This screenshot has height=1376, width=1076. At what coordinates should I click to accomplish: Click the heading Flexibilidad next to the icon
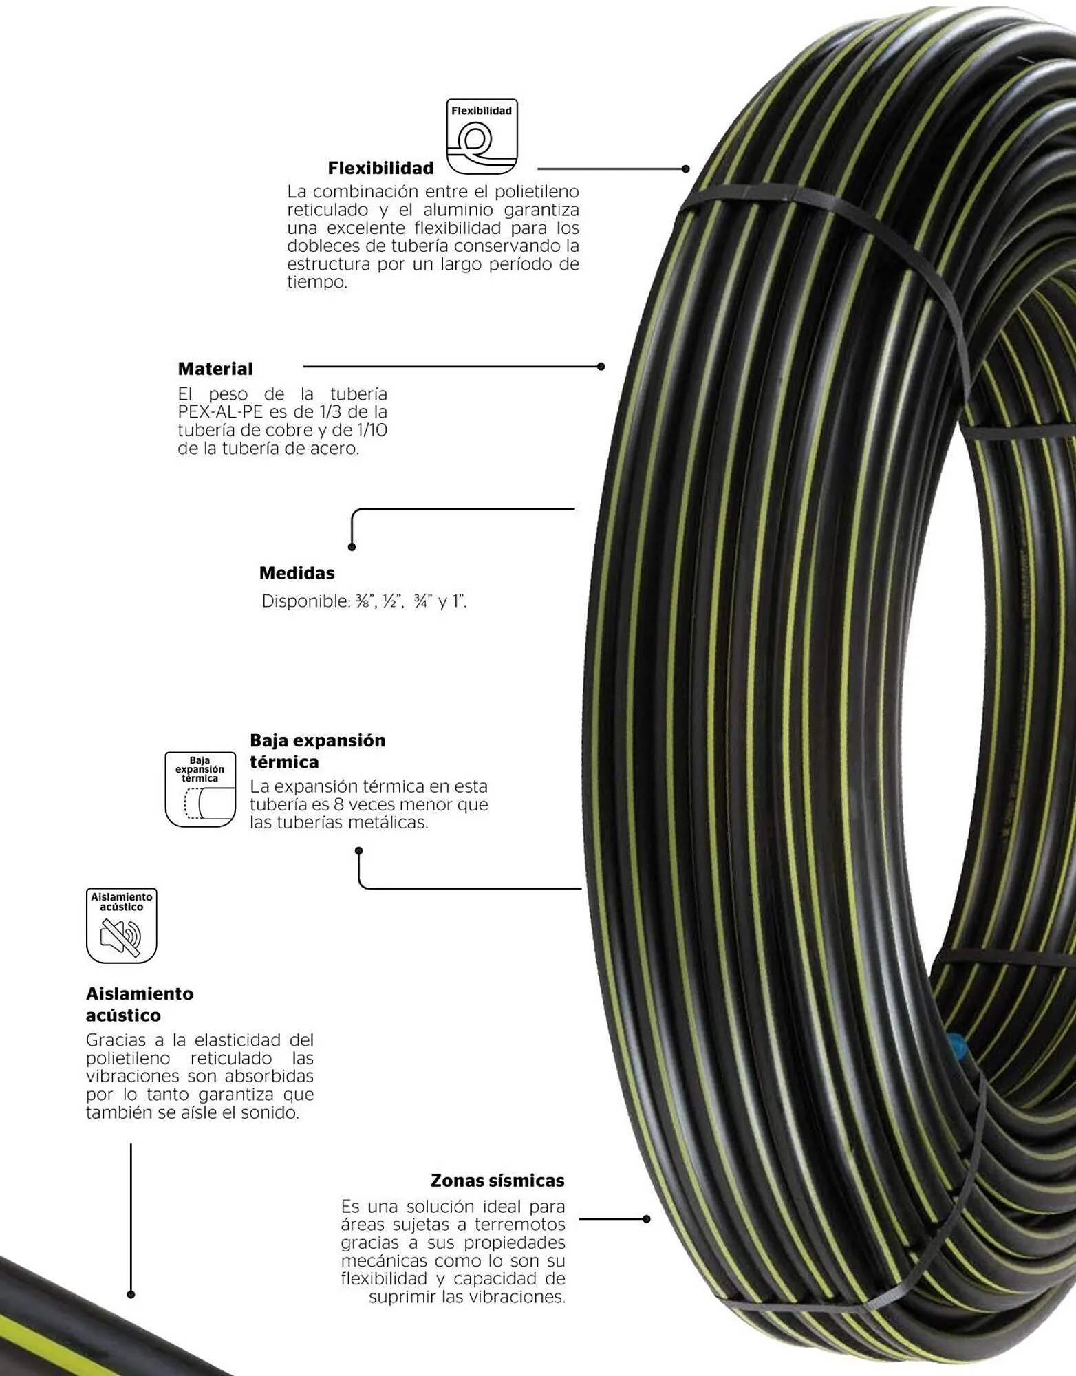[380, 168]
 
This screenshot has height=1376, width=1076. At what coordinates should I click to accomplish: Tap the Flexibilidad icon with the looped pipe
[482, 136]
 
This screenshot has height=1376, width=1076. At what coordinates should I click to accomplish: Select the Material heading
[215, 369]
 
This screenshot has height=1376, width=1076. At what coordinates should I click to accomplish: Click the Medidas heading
[297, 573]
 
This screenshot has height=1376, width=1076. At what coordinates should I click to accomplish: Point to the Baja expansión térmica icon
[200, 789]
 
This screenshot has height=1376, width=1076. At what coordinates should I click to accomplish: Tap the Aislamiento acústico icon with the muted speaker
[122, 925]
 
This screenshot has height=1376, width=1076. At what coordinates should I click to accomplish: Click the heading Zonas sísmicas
[497, 1181]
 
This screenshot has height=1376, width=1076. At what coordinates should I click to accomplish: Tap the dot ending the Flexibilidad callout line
[685, 169]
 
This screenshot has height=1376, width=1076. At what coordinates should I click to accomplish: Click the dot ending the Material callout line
[601, 367]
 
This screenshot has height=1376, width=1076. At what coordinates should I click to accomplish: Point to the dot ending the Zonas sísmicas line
[646, 1219]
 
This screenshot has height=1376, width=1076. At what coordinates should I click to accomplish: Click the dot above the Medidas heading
[352, 547]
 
